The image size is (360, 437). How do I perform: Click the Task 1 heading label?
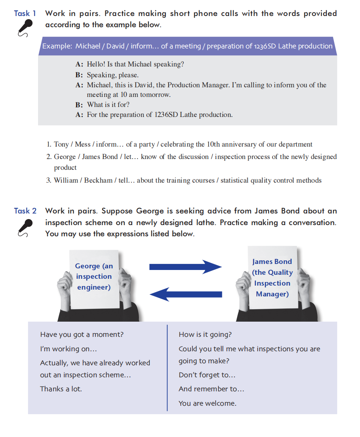pyautogui.click(x=25, y=13)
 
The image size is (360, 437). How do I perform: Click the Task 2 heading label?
pyautogui.click(x=25, y=211)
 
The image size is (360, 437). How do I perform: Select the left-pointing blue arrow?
pyautogui.click(x=185, y=294)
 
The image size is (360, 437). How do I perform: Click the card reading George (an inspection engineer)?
pyautogui.click(x=94, y=276)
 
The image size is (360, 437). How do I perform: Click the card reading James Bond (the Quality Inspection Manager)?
pyautogui.click(x=272, y=278)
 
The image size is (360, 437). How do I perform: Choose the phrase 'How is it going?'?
pyautogui.click(x=205, y=334)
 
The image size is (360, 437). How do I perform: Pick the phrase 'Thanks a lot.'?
pyautogui.click(x=61, y=389)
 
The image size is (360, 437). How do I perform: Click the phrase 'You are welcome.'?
pyautogui.click(x=207, y=403)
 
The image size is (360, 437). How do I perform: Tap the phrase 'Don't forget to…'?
pyautogui.click(x=207, y=375)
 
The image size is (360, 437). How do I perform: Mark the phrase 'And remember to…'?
pyautogui.click(x=211, y=389)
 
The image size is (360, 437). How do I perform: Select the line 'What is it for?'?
pyautogui.click(x=108, y=105)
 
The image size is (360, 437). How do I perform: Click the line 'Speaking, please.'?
pyautogui.click(x=113, y=75)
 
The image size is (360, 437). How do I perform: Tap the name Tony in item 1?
pyautogui.click(x=61, y=144)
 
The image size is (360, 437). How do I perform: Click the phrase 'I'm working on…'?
pyautogui.click(x=68, y=349)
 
